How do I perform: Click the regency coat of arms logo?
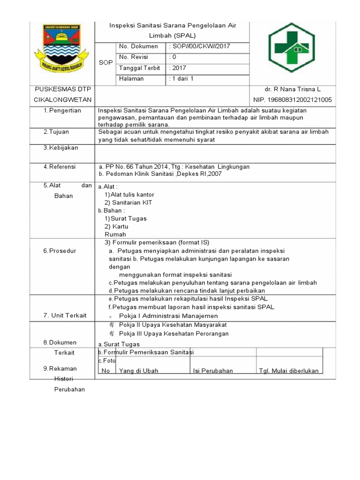click(62, 47)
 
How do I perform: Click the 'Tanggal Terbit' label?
click(139, 68)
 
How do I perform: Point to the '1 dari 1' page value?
click(182, 79)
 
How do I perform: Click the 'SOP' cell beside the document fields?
click(105, 62)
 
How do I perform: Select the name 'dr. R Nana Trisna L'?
click(292, 89)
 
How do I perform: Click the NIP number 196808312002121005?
click(292, 100)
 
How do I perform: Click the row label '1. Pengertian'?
click(62, 111)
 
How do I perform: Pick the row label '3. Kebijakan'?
click(61, 148)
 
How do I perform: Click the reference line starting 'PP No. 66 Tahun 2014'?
click(174, 167)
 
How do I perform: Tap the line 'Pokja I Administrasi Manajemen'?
click(168, 316)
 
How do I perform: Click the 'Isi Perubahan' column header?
click(213, 371)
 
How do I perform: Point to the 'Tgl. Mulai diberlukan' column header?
click(289, 371)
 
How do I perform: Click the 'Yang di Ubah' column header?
click(138, 371)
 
